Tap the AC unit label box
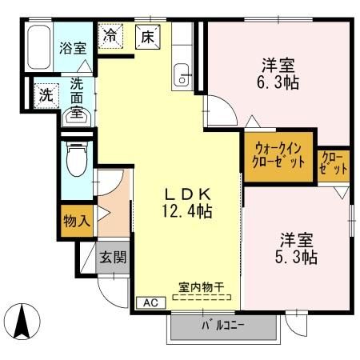[x=150, y=302]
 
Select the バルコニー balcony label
[x=222, y=326]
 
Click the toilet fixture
[x=76, y=160]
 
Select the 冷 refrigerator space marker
[x=110, y=36]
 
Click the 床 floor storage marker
[x=147, y=36]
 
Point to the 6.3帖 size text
[x=278, y=82]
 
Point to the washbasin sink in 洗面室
[x=77, y=117]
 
